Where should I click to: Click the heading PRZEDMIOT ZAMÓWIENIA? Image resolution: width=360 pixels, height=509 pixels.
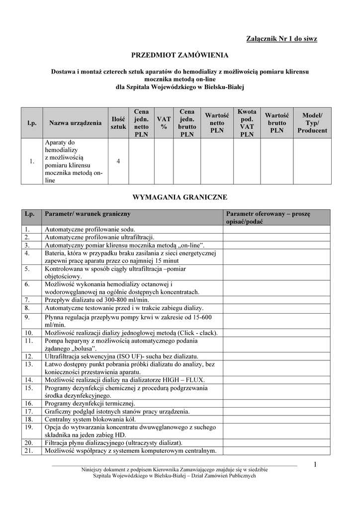click(180, 55)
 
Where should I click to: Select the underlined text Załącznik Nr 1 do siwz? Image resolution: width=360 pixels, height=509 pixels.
click(282, 39)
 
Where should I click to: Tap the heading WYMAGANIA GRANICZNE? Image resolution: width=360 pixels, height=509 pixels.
click(180, 197)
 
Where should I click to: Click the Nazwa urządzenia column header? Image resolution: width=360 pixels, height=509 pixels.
click(75, 123)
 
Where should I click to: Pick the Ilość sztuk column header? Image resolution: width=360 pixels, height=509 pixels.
click(118, 123)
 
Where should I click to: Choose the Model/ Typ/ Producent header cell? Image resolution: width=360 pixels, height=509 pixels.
click(312, 123)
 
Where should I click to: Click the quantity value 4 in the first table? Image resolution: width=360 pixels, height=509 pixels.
click(118, 161)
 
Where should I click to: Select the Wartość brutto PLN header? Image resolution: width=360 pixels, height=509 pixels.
click(277, 123)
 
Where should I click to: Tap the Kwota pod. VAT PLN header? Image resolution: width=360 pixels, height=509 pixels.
click(247, 123)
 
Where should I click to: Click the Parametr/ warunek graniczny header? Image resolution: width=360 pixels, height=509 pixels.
click(88, 214)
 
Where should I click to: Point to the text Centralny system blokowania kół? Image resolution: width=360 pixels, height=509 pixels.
click(87, 419)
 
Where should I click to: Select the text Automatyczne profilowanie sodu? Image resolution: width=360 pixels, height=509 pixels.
click(90, 229)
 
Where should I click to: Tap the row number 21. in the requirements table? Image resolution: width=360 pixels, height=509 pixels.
click(28, 451)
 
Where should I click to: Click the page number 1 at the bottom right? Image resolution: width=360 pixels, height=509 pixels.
click(315, 464)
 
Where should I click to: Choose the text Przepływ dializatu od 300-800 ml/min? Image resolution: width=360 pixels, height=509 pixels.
click(96, 300)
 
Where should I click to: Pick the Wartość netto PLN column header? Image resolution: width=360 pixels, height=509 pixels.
click(217, 123)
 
